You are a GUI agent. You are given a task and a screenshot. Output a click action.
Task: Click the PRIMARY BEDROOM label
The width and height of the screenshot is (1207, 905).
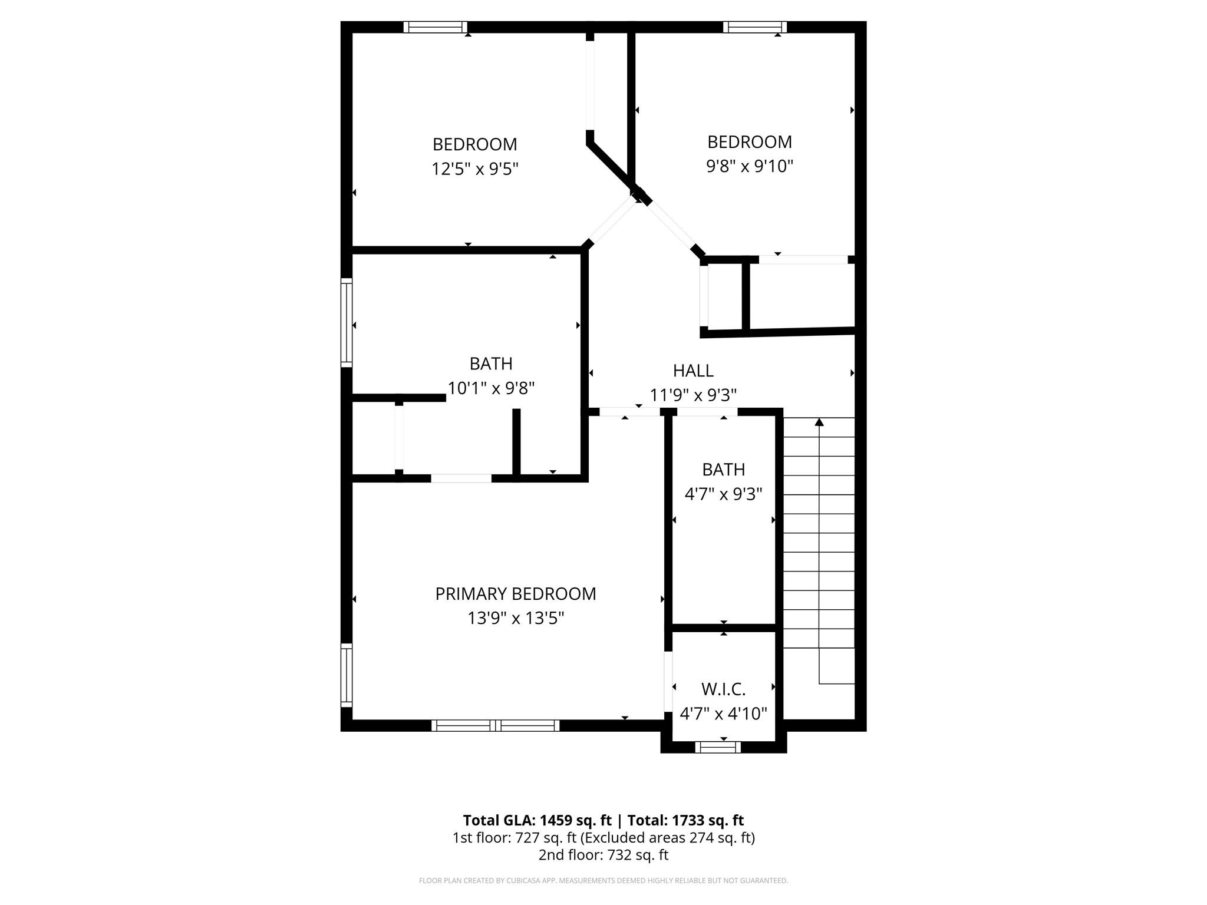point(516,594)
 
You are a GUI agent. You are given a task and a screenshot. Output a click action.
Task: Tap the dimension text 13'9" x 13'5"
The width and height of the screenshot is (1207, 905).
point(516,619)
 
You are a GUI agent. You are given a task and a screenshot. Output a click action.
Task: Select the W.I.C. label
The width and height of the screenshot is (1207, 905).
point(723,689)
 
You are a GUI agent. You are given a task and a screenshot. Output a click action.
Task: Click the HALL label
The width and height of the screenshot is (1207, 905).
point(693,371)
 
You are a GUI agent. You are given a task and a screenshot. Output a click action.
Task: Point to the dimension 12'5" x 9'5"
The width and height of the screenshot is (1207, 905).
point(474,170)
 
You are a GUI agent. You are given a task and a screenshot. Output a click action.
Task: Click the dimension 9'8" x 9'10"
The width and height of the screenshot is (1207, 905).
point(750,167)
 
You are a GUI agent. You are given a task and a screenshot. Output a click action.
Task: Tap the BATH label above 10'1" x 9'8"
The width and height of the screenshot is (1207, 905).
point(491,364)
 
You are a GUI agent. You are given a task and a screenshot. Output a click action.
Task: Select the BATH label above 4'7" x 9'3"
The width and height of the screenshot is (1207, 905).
point(723,470)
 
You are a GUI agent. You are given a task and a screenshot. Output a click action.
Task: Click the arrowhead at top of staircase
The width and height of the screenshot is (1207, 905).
point(819,422)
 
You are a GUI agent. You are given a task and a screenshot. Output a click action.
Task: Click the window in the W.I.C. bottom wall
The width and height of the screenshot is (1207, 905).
point(717,747)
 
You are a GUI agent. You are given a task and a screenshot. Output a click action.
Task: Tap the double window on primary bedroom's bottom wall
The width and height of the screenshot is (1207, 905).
point(495,725)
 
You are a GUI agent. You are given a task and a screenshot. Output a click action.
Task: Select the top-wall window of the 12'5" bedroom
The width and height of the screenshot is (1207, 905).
point(435,27)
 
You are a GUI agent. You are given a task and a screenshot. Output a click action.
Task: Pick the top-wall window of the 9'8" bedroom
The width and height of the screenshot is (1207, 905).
point(754,27)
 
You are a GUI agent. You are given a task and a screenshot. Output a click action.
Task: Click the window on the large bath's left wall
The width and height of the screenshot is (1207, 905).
point(347,322)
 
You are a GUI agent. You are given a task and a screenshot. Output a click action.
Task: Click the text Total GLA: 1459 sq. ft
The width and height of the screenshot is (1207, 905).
point(537,820)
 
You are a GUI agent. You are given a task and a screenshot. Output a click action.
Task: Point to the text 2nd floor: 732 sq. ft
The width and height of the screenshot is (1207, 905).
point(603,855)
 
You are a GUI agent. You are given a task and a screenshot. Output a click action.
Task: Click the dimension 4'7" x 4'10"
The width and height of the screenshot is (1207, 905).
point(723,714)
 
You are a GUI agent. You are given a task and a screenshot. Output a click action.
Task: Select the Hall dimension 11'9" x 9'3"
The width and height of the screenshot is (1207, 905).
point(693,395)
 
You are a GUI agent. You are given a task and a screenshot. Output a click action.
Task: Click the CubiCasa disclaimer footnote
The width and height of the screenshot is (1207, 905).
point(603,881)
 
